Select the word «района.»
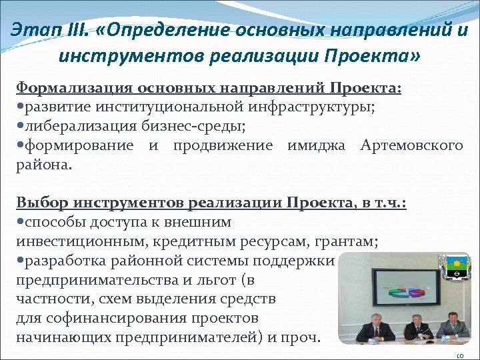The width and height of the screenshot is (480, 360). click(43, 165)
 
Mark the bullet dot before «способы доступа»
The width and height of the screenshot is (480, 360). click(20, 222)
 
